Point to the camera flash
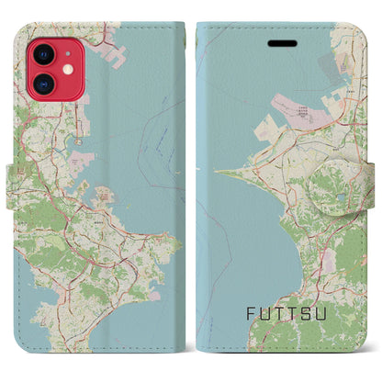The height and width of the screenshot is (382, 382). [x=68, y=71]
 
